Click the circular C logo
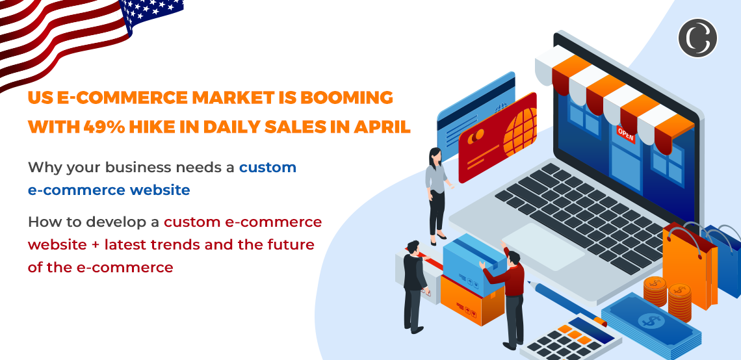click(697, 38)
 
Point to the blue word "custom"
click(268, 167)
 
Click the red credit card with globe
click(497, 136)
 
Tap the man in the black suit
click(413, 286)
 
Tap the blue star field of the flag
click(153, 13)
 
